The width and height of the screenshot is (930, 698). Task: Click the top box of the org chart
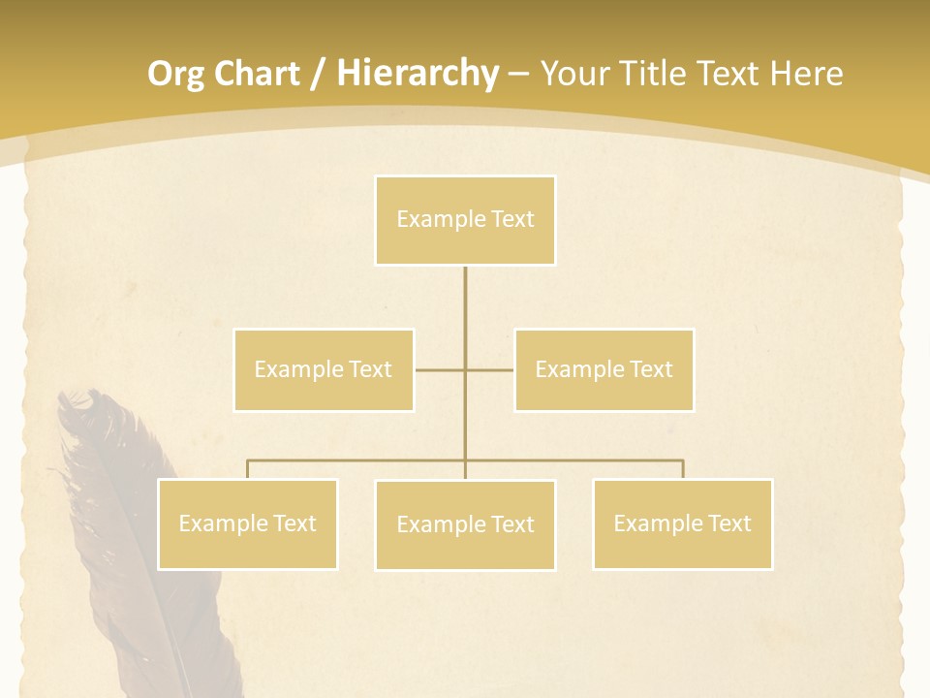point(465,220)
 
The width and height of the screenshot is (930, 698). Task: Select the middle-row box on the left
point(324,369)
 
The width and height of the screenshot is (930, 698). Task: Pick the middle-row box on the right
point(604,369)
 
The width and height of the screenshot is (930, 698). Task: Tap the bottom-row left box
point(247,523)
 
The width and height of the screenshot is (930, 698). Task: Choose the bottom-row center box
point(465,524)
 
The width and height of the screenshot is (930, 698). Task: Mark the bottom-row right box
point(682,523)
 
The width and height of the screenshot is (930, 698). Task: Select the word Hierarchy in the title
point(418,74)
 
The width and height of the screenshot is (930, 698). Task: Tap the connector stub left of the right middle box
point(490,369)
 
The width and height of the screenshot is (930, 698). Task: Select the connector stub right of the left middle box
point(439,369)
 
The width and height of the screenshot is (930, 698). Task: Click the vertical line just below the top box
point(465,291)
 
